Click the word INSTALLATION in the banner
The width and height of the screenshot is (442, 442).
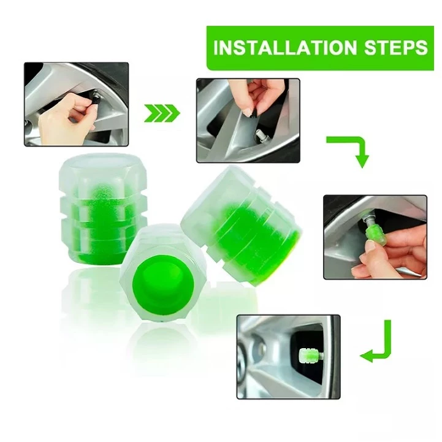click(x=285, y=47)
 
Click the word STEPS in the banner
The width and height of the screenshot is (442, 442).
click(x=396, y=47)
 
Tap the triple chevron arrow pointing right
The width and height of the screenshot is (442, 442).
click(x=162, y=113)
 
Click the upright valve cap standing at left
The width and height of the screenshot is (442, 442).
click(x=102, y=208)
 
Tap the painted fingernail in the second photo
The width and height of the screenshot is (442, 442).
click(x=248, y=112)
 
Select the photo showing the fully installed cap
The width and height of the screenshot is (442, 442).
click(x=288, y=357)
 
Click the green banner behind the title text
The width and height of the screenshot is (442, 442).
click(x=320, y=48)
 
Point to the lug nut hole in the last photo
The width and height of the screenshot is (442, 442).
click(x=260, y=349)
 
